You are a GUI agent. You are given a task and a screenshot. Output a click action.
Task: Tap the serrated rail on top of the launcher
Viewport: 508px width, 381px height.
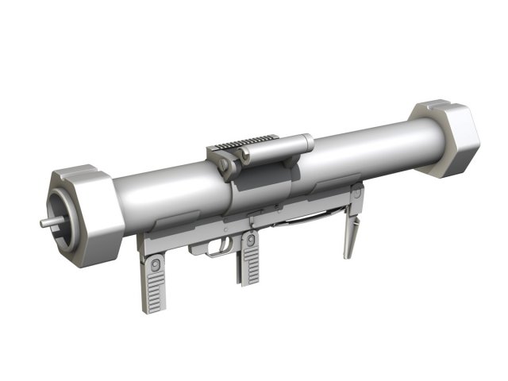click(241, 142)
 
